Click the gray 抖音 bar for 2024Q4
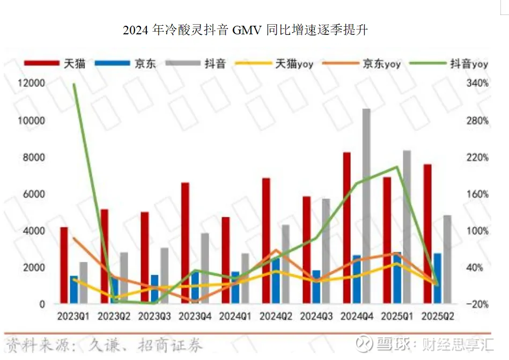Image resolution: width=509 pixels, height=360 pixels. coord(366,207)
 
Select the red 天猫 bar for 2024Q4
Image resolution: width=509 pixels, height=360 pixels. coord(347,228)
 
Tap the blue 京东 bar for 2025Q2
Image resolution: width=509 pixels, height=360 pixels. coord(438,278)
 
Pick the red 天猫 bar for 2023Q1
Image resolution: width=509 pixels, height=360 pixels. coord(64,266)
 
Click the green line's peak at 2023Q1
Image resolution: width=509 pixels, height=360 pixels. coord(73,84)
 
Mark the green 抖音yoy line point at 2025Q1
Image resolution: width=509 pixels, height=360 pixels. coord(397,167)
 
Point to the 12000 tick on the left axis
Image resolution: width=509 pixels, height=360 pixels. coord(34,84)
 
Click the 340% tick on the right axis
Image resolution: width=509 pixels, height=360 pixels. coord(478,84)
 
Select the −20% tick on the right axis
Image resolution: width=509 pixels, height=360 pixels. coord(477,304)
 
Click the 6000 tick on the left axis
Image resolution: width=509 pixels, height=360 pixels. coord(35,194)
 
